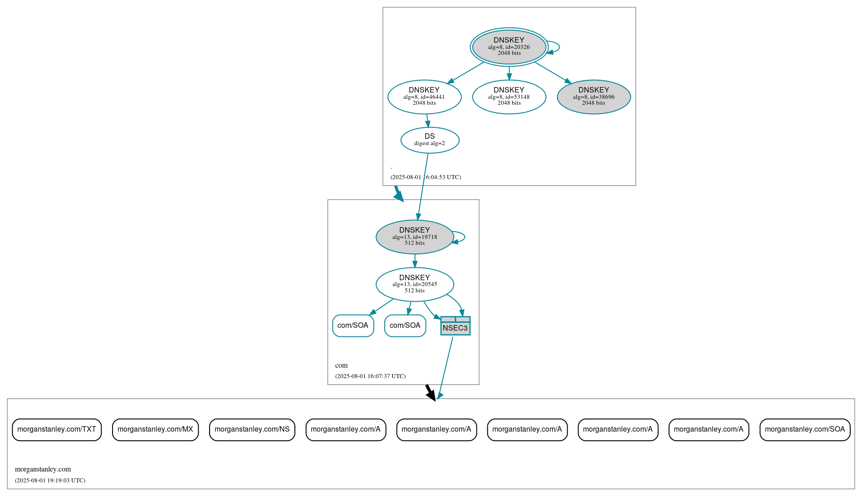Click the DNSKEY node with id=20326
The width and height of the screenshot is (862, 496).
point(509,47)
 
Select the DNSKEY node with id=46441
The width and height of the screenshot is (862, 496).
point(424,97)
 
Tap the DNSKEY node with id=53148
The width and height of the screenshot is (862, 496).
point(509,97)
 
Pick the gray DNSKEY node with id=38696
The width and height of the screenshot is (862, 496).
point(593,97)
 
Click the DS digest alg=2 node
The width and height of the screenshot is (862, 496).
point(430,140)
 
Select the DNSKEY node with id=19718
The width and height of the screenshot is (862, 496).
point(414,237)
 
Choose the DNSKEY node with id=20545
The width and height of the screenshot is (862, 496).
point(414,284)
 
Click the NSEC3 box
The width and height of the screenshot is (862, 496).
point(455,326)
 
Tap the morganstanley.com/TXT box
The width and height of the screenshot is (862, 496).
point(57,429)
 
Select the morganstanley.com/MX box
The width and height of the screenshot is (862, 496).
point(155,429)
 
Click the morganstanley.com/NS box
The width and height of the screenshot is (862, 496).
point(252,429)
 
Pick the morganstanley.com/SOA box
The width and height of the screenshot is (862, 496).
point(804,429)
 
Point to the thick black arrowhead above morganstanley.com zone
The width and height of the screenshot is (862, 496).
point(431,395)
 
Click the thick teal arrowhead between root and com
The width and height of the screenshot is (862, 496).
point(399,196)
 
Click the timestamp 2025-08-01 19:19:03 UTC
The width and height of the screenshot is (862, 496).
point(50,480)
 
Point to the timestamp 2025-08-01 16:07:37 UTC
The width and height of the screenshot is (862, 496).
point(370,376)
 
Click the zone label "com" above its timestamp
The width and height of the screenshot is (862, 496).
point(341,365)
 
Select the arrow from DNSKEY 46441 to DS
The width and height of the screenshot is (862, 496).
point(427,121)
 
